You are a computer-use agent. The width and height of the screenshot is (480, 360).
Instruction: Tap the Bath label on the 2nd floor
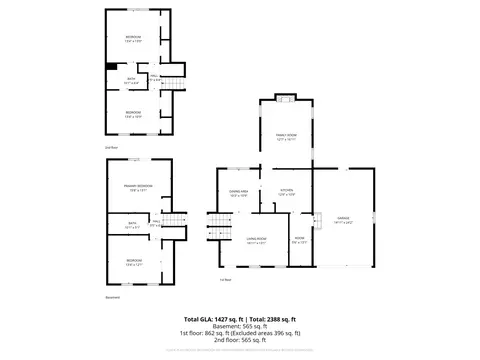131,80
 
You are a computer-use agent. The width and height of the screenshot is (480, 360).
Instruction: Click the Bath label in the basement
132,226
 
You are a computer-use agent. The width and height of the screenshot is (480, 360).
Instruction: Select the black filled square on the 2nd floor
111,68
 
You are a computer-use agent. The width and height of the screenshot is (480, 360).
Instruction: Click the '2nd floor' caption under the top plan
112,147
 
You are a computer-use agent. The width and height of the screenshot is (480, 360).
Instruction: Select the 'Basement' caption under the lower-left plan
112,297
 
